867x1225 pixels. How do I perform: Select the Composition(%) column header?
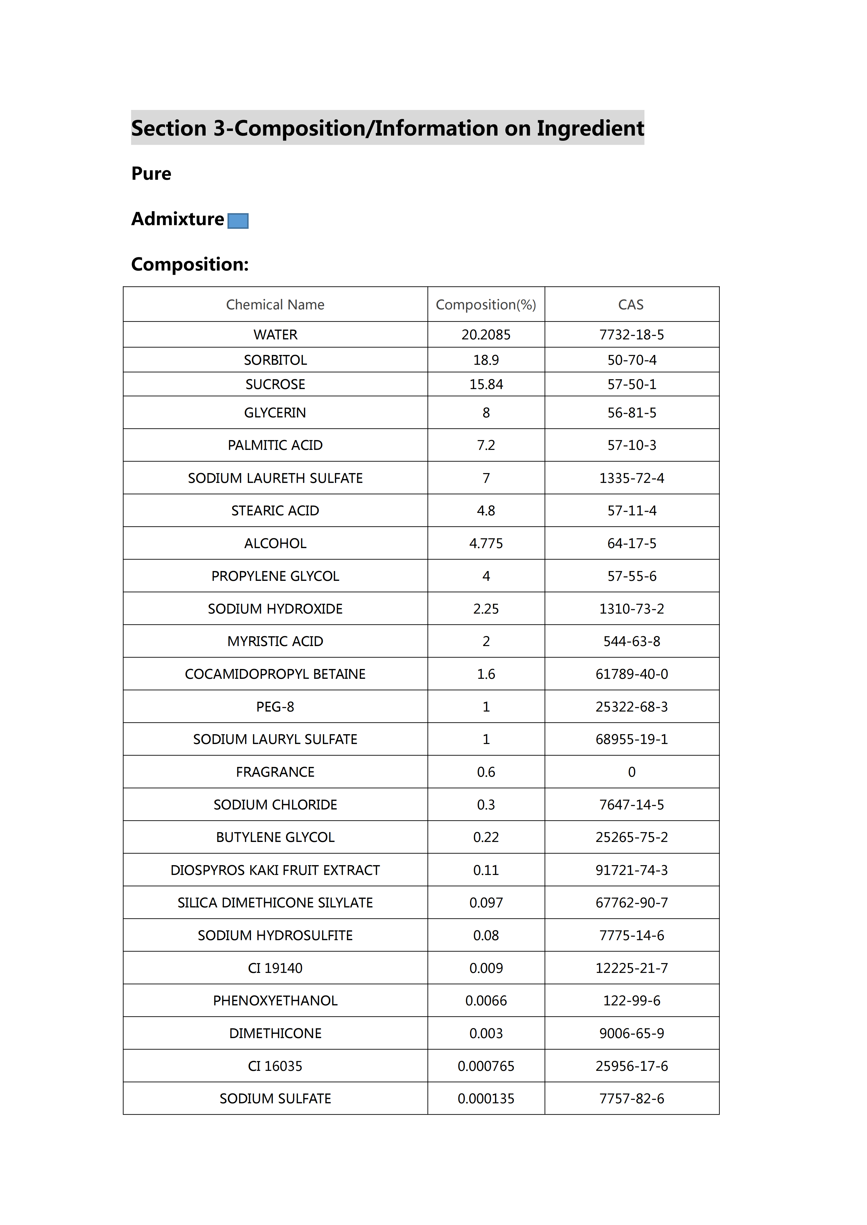click(x=486, y=305)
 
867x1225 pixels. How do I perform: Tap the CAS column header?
click(x=631, y=305)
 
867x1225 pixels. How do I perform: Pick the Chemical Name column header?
click(x=275, y=305)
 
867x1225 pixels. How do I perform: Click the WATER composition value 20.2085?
click(x=486, y=334)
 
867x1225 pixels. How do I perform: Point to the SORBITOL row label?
click(x=275, y=360)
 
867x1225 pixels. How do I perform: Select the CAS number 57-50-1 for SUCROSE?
click(x=632, y=384)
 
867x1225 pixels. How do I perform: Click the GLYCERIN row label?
click(x=275, y=413)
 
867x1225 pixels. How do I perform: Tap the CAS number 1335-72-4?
click(x=632, y=478)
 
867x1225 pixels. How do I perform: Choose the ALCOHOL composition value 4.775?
click(x=486, y=543)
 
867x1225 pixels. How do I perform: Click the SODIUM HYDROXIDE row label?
click(x=275, y=609)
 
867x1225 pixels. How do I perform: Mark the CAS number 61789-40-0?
click(x=632, y=674)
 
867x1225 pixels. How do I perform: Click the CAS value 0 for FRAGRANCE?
click(x=632, y=772)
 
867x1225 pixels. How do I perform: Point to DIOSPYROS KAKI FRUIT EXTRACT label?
click(x=275, y=870)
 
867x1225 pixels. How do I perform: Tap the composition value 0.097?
click(x=486, y=903)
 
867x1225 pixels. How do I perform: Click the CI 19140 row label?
click(x=275, y=968)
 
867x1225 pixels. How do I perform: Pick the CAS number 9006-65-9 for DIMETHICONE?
click(x=632, y=1033)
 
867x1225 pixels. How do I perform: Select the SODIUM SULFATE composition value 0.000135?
click(x=486, y=1099)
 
